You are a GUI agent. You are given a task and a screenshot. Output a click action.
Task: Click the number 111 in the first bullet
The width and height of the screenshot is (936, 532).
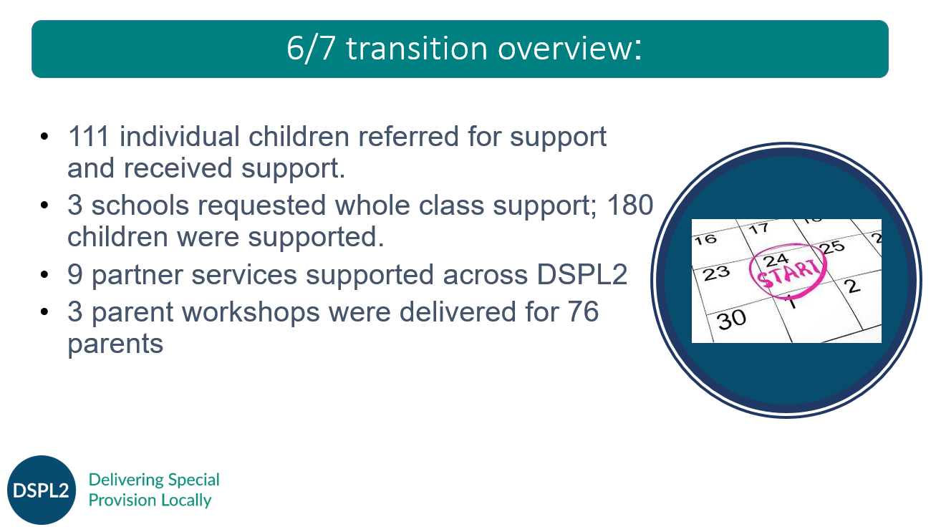88,137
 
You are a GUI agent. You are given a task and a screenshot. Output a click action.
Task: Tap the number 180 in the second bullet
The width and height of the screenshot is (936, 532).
629,205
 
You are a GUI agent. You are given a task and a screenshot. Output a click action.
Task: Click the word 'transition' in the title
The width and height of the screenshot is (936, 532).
417,49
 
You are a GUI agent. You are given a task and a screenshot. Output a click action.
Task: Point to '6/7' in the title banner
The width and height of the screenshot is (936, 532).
312,49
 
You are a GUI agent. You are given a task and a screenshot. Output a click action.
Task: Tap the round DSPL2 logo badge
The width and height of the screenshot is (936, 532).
42,490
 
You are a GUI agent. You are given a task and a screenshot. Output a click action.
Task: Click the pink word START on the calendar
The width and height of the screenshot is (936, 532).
788,274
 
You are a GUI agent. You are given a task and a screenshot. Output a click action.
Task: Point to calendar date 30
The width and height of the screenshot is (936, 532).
731,320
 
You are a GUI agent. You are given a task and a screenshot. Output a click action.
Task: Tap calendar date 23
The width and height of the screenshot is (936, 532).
716,274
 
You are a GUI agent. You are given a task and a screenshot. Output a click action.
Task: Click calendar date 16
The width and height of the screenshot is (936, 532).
706,239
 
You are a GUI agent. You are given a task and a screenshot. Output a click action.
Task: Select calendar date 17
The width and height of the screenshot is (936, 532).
758,228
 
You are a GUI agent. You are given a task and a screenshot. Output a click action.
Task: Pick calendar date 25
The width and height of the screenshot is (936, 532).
831,247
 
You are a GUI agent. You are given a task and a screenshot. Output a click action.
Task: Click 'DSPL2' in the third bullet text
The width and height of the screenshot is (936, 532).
582,274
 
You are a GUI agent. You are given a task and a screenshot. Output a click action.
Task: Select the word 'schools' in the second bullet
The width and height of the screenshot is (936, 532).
140,205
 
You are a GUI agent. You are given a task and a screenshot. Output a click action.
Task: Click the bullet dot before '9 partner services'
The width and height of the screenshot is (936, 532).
44,275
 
